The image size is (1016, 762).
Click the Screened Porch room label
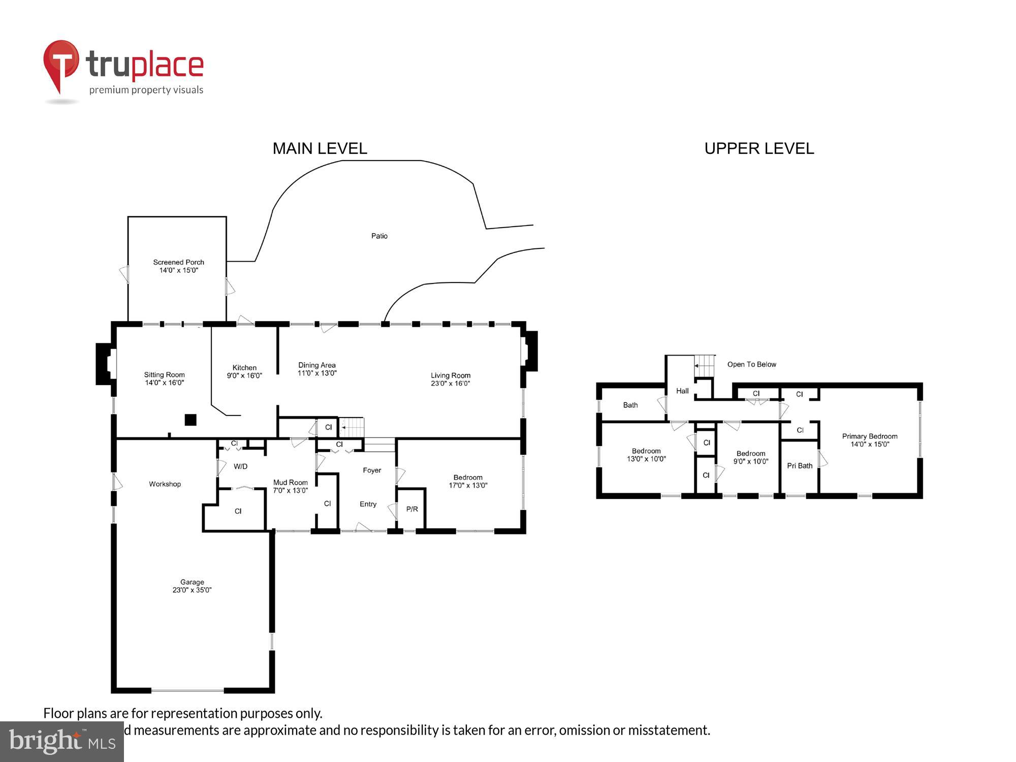(x=178, y=263)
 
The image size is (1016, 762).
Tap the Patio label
(x=379, y=236)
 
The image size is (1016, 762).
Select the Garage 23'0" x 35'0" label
(x=192, y=586)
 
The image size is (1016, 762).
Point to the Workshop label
(x=165, y=484)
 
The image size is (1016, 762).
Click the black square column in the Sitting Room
(x=190, y=420)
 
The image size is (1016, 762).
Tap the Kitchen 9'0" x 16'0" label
(x=244, y=371)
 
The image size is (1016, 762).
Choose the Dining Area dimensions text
(x=317, y=373)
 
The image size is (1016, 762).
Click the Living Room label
(x=450, y=375)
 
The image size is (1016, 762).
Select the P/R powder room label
(x=412, y=509)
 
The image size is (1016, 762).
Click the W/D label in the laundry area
(x=240, y=466)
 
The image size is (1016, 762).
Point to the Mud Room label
(x=290, y=483)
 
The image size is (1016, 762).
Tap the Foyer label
(x=372, y=470)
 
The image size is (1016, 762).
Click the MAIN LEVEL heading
(x=320, y=148)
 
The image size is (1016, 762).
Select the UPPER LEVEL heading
(x=759, y=148)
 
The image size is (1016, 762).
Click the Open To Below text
(x=751, y=364)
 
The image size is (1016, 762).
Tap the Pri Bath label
(x=800, y=465)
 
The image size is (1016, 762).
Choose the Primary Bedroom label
(x=869, y=436)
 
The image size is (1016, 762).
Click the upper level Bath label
(x=630, y=405)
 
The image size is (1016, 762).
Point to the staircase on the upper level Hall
(x=705, y=366)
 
